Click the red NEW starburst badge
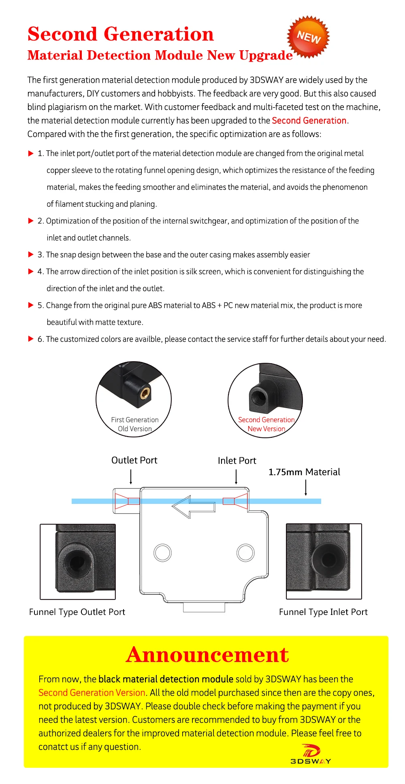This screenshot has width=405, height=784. click(x=308, y=37)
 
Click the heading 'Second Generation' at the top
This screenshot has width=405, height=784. click(x=120, y=34)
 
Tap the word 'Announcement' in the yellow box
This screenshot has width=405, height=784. click(x=207, y=655)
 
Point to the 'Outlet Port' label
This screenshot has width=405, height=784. click(x=134, y=460)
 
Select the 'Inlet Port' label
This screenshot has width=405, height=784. click(x=237, y=461)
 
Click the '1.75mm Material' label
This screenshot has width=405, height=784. click(x=304, y=472)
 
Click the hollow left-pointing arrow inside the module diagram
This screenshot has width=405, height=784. click(x=193, y=506)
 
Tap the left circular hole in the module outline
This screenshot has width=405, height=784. click(x=162, y=552)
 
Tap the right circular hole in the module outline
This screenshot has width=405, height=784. click(x=245, y=552)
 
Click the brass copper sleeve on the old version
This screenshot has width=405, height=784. click(x=145, y=392)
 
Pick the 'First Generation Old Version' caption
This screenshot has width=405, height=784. click(x=135, y=424)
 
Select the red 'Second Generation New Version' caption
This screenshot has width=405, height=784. click(x=266, y=424)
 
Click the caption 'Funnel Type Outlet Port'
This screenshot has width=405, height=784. click(x=77, y=612)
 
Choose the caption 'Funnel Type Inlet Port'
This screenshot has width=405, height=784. click(x=323, y=612)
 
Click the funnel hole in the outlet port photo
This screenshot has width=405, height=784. click(x=77, y=562)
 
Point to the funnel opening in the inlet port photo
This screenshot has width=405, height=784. click(x=328, y=559)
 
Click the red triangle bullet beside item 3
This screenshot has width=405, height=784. click(x=31, y=255)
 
